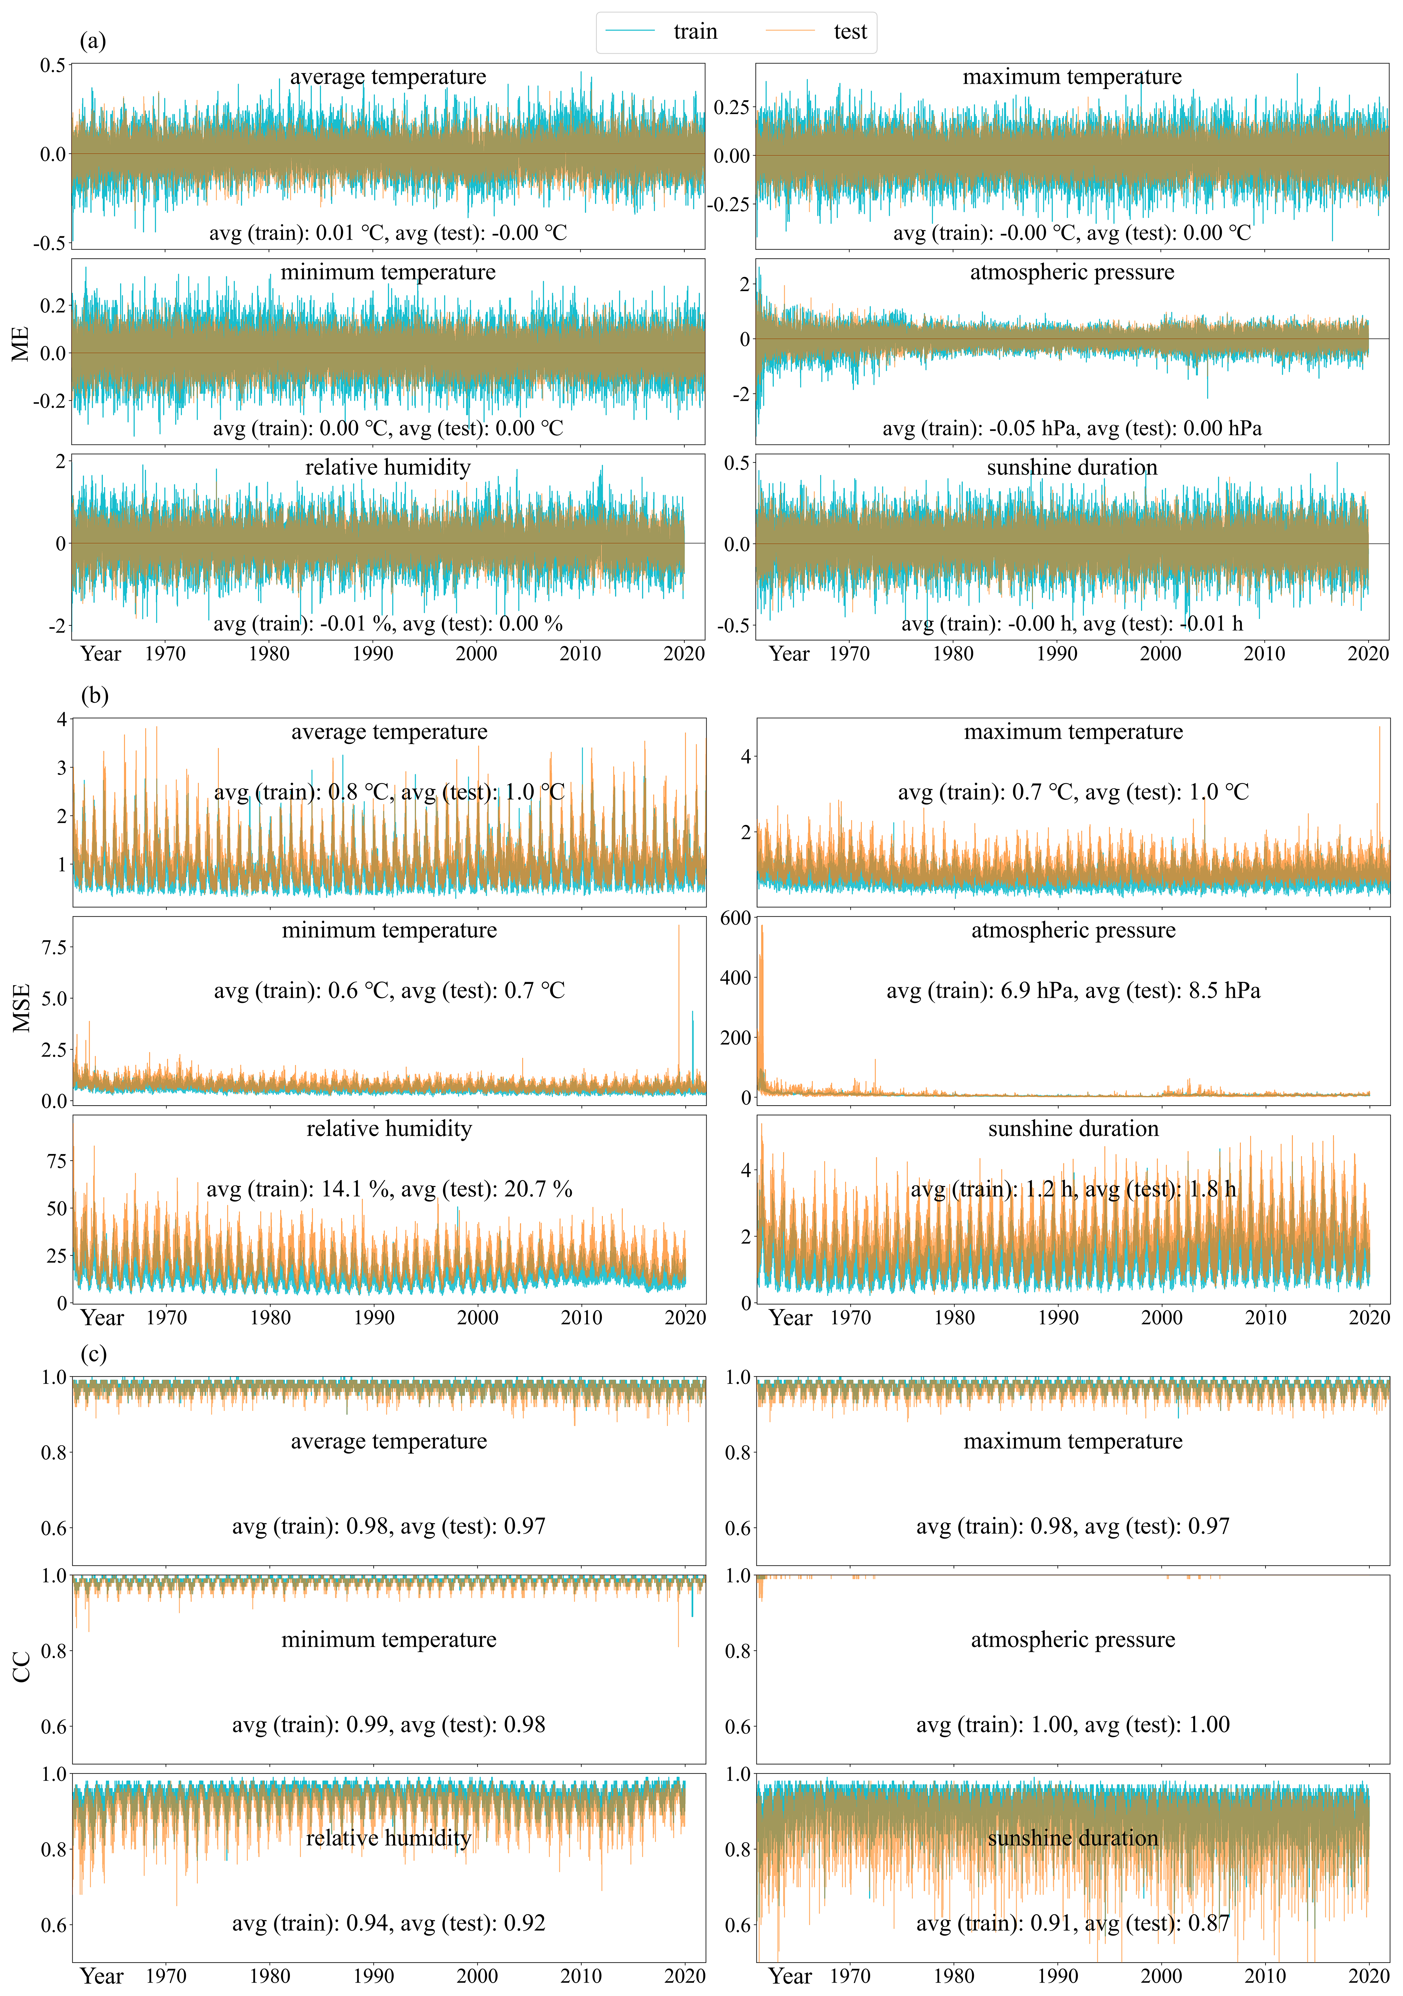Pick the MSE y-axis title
(x=21, y=1008)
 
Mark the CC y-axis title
(x=21, y=1667)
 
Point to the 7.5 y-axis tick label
(x=54, y=947)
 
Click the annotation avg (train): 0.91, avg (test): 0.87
(x=1073, y=1923)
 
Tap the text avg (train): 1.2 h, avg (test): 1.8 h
(x=1073, y=1189)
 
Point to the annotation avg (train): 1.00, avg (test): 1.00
(x=1073, y=1725)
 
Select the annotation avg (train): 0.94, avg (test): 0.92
(x=389, y=1923)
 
